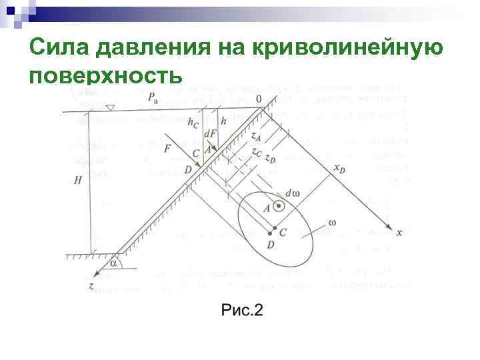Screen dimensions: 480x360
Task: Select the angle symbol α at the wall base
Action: [113, 263]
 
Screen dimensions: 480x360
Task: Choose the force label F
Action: [167, 147]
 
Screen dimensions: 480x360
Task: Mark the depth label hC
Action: [193, 124]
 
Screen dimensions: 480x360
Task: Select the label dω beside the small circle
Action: [292, 193]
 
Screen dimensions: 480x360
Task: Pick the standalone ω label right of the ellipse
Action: [331, 222]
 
